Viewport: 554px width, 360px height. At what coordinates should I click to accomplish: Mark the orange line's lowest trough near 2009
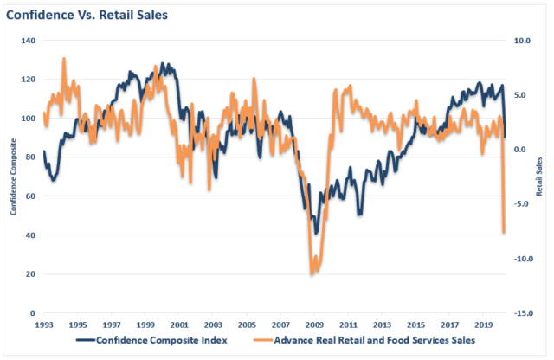[x=312, y=274]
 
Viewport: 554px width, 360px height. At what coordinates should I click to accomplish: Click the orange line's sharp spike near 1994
[x=64, y=59]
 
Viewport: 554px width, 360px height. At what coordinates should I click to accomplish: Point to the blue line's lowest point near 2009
[x=317, y=234]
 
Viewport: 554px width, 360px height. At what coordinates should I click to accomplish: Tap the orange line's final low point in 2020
[x=504, y=232]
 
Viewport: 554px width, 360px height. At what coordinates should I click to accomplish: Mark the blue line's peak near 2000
[x=164, y=64]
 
